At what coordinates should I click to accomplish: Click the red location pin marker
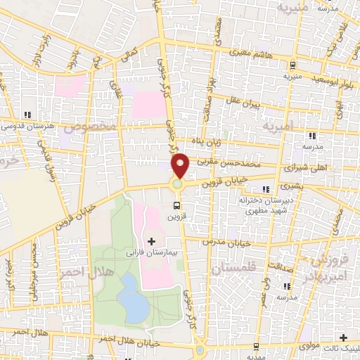(x=181, y=165)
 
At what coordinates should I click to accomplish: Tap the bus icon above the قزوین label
(x=176, y=206)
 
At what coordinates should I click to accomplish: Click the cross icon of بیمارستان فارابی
(x=151, y=241)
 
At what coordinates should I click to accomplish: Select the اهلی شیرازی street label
(x=306, y=169)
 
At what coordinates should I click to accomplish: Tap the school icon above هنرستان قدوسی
(x=26, y=115)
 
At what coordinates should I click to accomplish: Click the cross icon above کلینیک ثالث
(x=342, y=338)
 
